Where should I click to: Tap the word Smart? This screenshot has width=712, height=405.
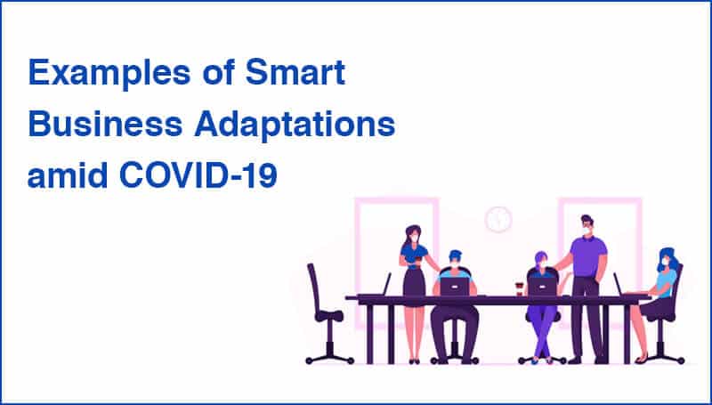295,72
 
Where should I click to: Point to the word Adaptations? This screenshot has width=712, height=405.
295,124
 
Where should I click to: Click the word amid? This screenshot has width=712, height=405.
68,174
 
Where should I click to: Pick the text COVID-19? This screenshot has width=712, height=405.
198,175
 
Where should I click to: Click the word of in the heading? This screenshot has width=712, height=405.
218,72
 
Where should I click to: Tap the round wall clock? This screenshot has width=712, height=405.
498,220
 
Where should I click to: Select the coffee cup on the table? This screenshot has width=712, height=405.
519,288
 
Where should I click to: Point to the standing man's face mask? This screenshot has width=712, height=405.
586,231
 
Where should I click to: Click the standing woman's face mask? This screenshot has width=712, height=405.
414,238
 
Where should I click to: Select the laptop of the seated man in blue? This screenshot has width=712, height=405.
455,287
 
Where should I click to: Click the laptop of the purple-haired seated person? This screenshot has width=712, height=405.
542,287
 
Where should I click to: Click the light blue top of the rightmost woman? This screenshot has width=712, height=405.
666,283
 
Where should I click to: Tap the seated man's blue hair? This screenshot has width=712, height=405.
455,255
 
